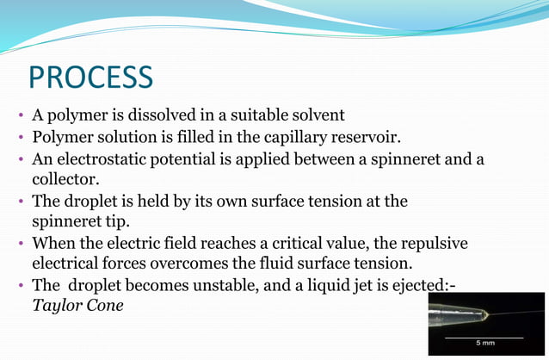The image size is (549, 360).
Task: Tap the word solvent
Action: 315,115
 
